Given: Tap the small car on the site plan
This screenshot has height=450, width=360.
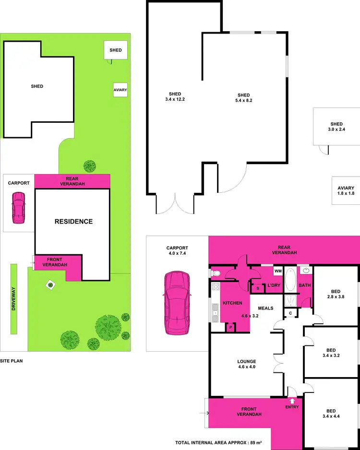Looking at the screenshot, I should [19, 207].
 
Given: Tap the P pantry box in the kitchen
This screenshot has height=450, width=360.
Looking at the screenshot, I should [230, 327].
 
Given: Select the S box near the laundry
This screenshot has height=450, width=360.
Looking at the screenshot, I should [258, 288].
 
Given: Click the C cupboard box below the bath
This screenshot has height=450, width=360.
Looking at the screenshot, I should [290, 313].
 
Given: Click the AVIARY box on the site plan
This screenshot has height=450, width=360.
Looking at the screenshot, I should [120, 90].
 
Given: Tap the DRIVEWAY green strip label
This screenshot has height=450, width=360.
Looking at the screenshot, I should [14, 299].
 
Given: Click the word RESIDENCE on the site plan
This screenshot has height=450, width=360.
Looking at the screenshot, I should [73, 222].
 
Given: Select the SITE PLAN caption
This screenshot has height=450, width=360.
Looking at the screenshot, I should [12, 360].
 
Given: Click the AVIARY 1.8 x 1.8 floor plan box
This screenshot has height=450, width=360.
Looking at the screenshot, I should [346, 190].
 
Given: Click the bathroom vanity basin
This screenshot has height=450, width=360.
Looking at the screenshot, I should [304, 271].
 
